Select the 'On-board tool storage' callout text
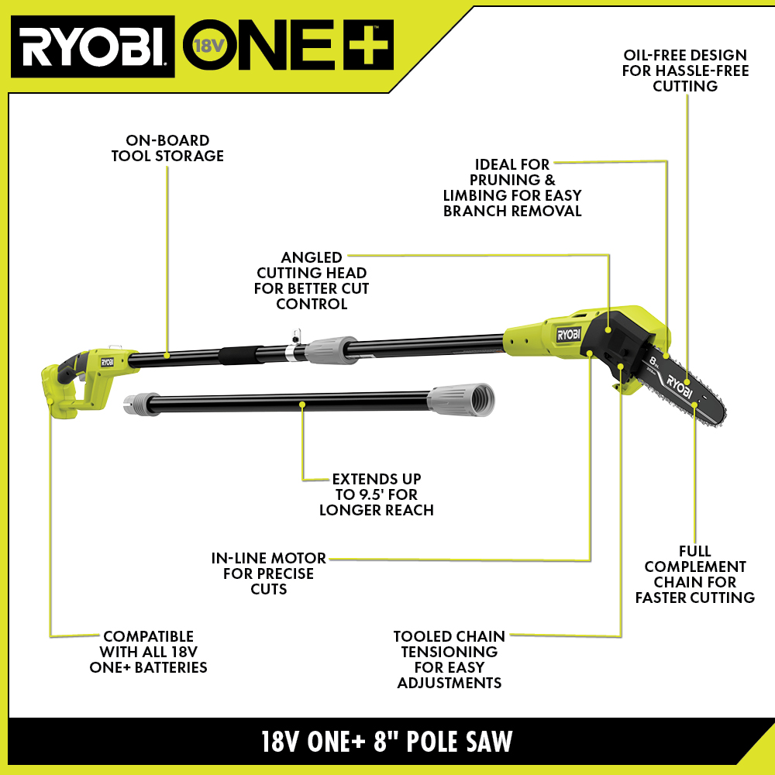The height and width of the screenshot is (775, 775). click(x=167, y=148)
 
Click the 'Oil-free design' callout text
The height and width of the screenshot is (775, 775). click(x=685, y=71)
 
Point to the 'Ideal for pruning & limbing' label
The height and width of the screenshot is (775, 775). click(x=512, y=187)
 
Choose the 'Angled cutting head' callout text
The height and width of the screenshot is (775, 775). click(x=312, y=280)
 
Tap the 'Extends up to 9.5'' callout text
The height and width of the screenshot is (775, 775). click(x=376, y=494)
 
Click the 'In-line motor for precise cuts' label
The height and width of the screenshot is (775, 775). click(x=269, y=573)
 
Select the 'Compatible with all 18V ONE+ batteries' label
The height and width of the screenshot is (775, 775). click(x=153, y=651)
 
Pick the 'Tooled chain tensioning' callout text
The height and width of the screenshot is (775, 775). click(x=449, y=659)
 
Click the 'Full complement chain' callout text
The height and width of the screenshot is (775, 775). click(x=694, y=574)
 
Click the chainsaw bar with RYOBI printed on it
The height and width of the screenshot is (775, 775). click(x=686, y=388)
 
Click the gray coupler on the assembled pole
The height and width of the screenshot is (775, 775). click(x=329, y=349)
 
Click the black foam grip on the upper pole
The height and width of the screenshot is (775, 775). click(x=238, y=356)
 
